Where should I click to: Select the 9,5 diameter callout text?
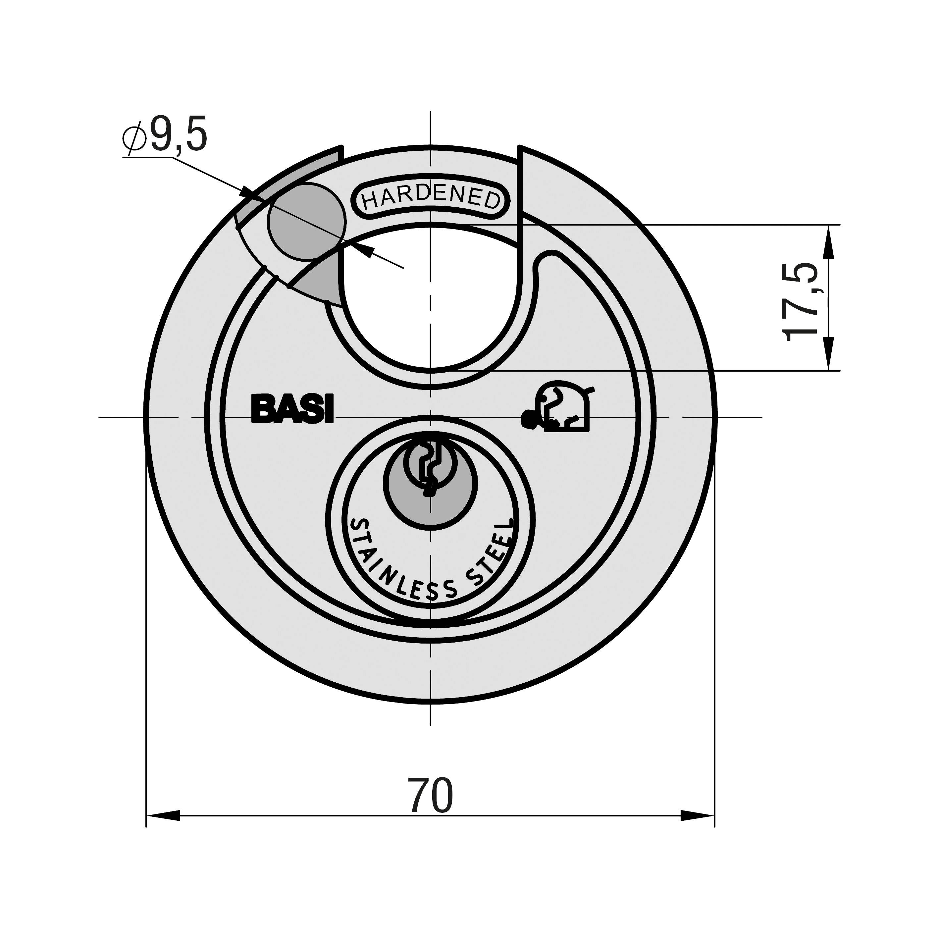(178, 134)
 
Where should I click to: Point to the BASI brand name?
(292, 409)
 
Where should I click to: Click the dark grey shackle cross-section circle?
(306, 221)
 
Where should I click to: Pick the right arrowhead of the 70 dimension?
(698, 815)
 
